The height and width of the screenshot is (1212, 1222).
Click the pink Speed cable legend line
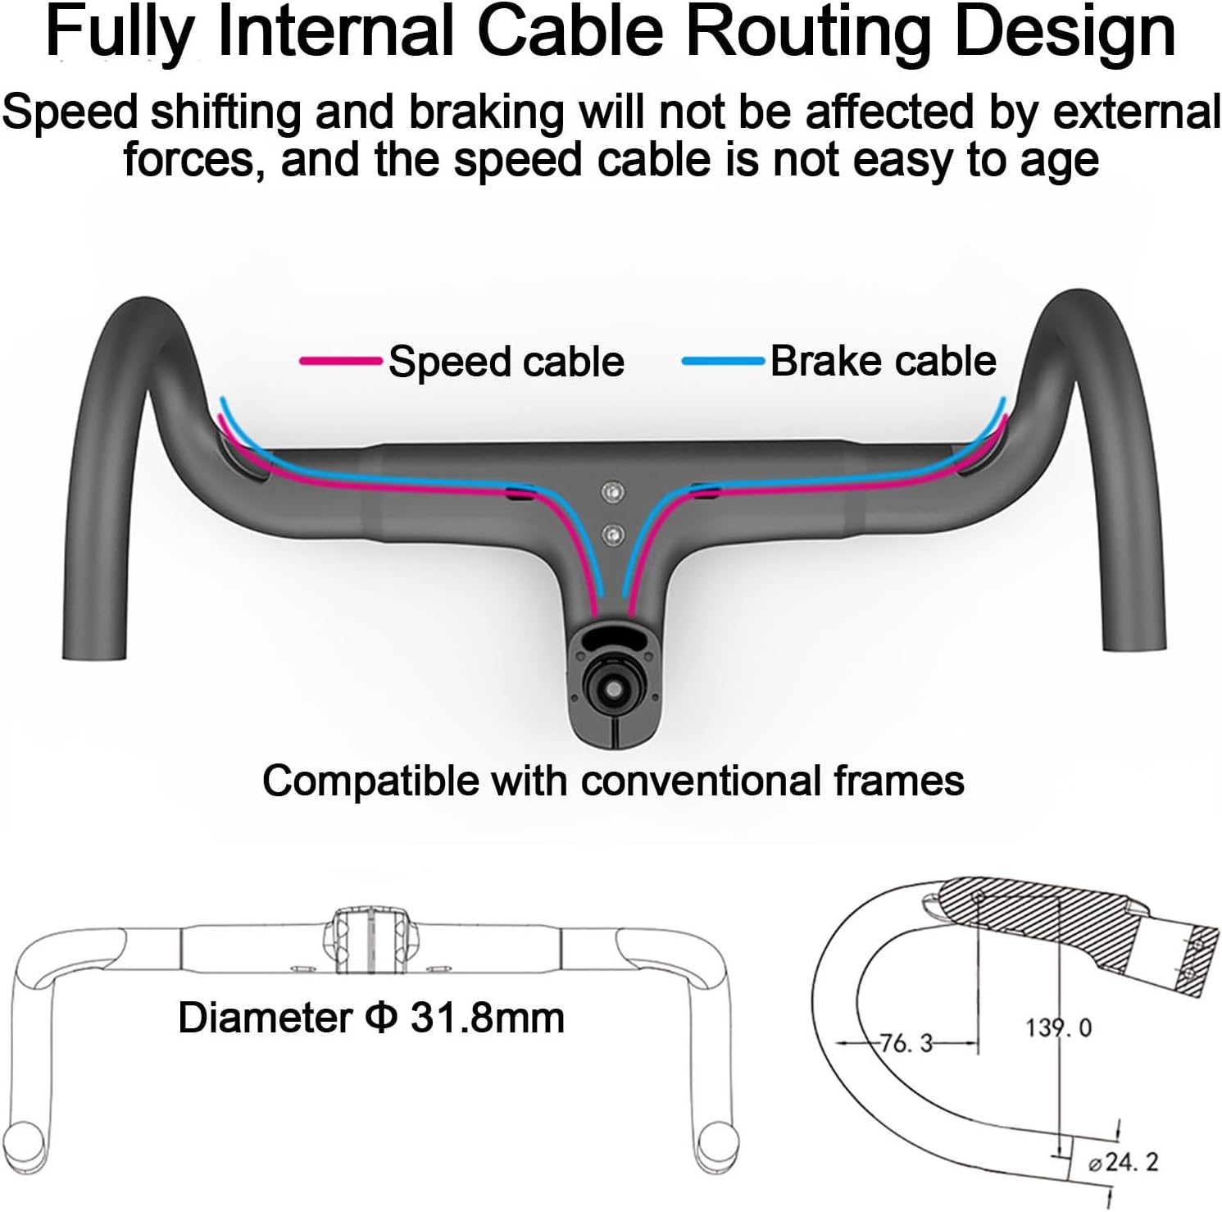pos(340,361)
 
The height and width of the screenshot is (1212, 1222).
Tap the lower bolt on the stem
pos(611,535)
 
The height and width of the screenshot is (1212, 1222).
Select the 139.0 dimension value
pos(1058,1027)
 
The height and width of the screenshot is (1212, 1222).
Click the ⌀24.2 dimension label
pos(1122,1162)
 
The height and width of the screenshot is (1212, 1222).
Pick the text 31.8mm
pos(487,1018)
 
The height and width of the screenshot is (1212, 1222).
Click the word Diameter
pos(265,1018)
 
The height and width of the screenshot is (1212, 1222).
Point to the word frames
pos(898,781)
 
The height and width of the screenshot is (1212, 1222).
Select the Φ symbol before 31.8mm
pos(380,1018)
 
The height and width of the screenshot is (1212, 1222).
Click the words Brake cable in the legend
pos(883,361)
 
